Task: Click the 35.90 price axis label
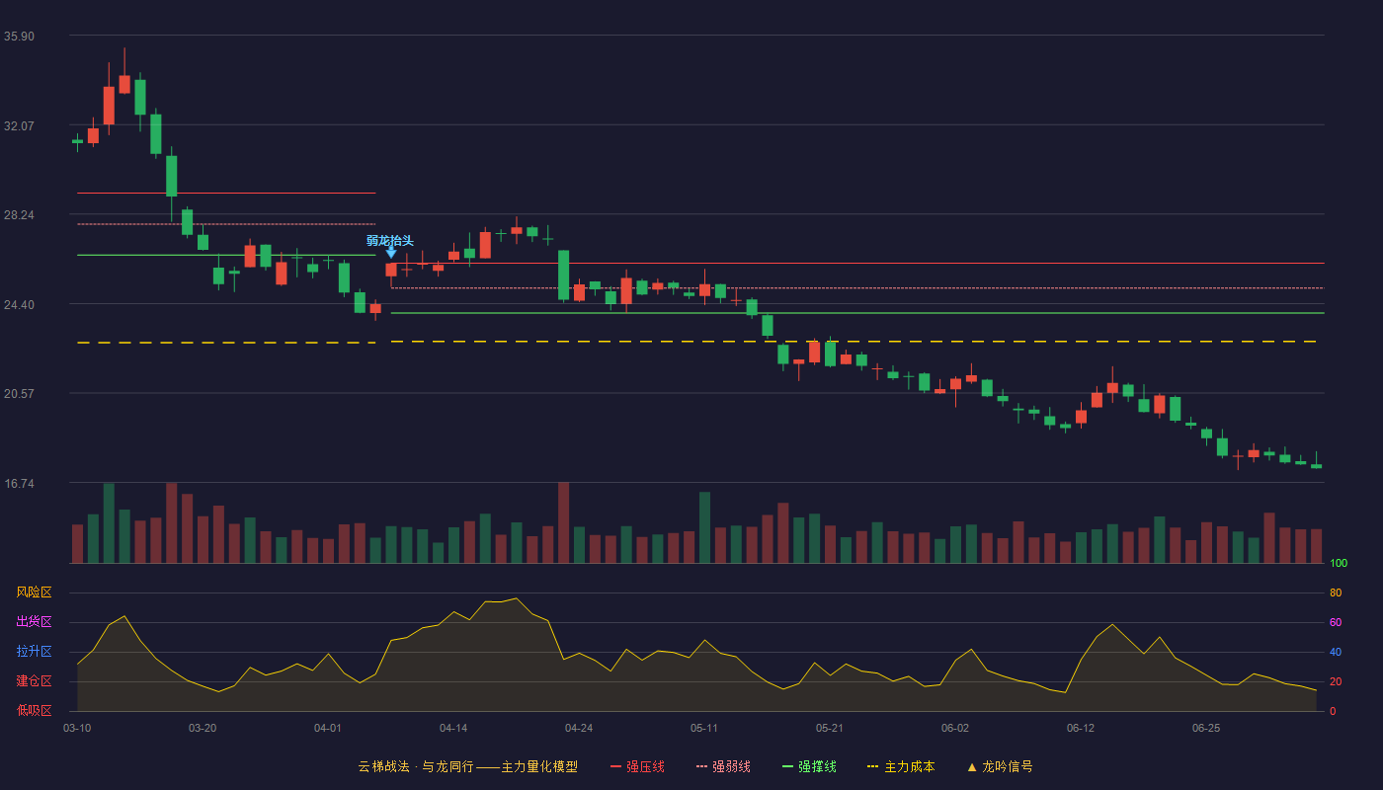click(x=19, y=37)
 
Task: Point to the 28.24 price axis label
click(x=19, y=215)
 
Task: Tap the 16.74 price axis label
click(x=19, y=483)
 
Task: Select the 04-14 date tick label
click(x=453, y=729)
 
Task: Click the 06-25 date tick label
click(x=1206, y=729)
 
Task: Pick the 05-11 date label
click(x=703, y=729)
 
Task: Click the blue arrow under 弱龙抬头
click(x=391, y=253)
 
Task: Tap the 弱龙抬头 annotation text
click(x=389, y=241)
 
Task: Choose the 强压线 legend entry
click(x=638, y=766)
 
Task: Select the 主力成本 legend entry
click(x=901, y=766)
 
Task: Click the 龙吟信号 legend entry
click(x=1000, y=766)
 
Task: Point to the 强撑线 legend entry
click(x=809, y=766)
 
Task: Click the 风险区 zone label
click(x=34, y=592)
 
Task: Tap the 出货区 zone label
click(x=34, y=621)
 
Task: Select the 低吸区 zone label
click(x=34, y=710)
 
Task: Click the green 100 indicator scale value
click(x=1339, y=563)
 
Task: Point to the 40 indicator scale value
click(x=1336, y=652)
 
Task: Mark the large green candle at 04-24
click(x=564, y=276)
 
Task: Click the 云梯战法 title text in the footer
click(x=383, y=766)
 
